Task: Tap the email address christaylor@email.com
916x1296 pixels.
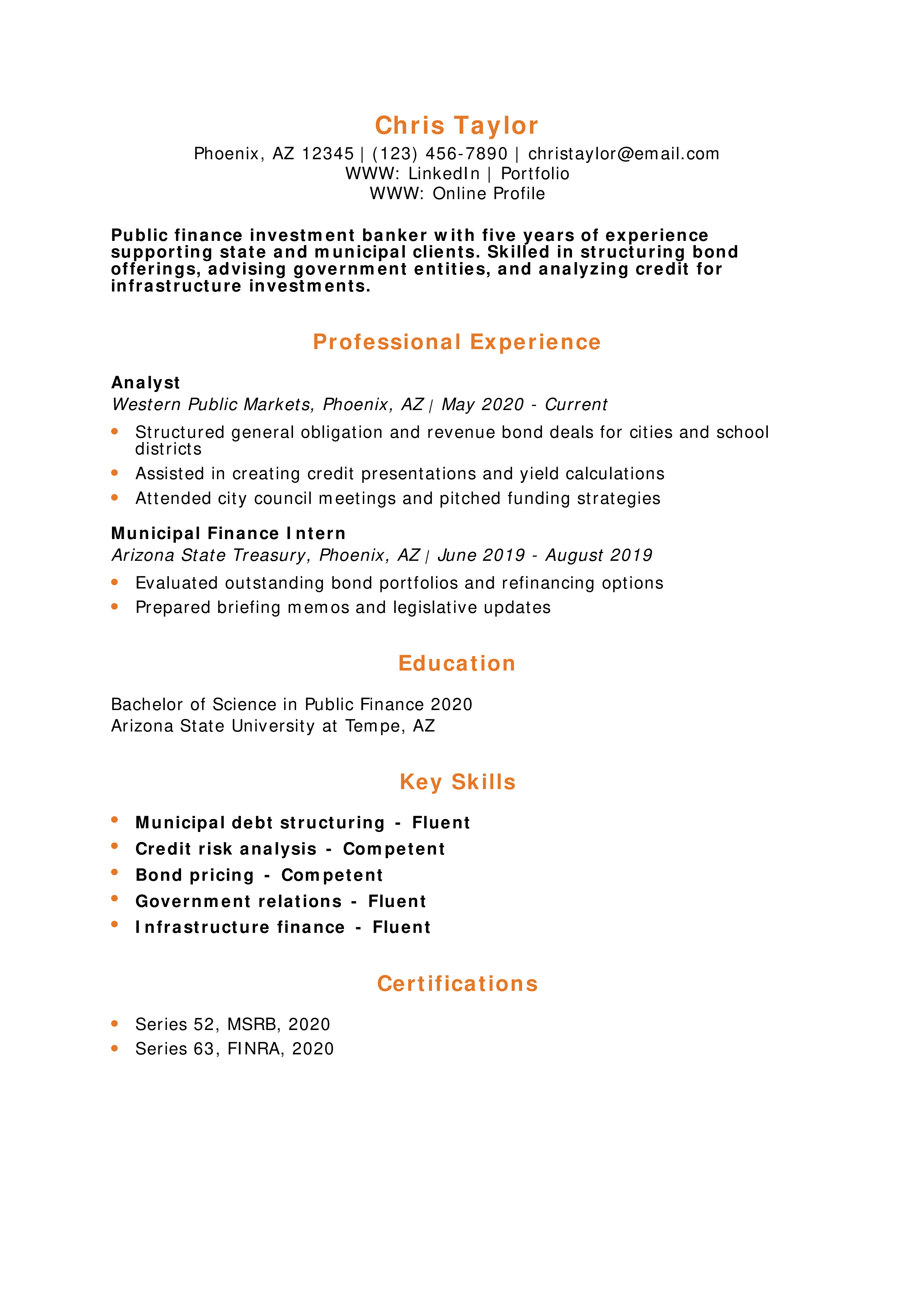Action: (624, 154)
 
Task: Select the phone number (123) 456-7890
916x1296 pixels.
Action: (440, 154)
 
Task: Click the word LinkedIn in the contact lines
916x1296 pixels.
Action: (444, 174)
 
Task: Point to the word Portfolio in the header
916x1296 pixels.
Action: (535, 174)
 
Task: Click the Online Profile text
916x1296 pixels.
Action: (489, 194)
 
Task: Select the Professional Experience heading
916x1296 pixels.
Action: (457, 342)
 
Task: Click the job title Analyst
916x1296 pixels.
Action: (146, 383)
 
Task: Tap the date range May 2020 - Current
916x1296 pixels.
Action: (524, 405)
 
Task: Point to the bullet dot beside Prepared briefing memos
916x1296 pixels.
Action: (115, 607)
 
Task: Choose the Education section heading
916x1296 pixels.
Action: (457, 663)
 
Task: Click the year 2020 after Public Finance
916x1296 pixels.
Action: (452, 705)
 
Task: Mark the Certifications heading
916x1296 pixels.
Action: (457, 983)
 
